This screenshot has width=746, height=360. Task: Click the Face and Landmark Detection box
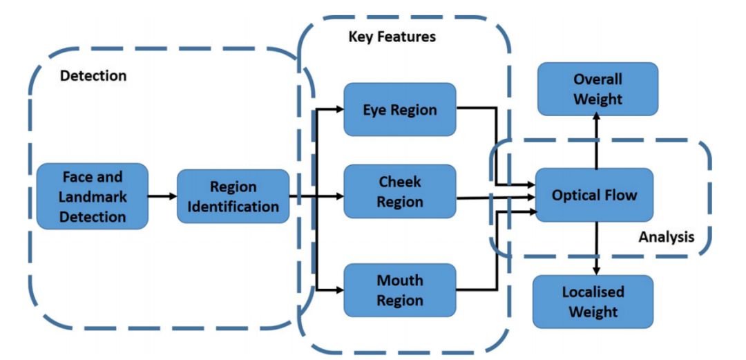click(x=93, y=197)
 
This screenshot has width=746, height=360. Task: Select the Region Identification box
click(x=233, y=196)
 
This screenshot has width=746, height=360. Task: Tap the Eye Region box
click(x=400, y=109)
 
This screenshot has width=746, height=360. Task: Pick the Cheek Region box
click(x=400, y=191)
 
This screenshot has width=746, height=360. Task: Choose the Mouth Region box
click(x=400, y=290)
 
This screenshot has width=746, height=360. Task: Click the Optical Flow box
click(x=594, y=195)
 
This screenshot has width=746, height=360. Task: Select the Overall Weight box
click(x=597, y=89)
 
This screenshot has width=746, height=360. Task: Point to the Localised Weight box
click(x=593, y=301)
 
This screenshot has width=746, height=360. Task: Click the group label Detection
click(x=93, y=76)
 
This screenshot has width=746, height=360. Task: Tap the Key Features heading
click(x=392, y=37)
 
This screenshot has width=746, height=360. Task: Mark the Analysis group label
click(x=666, y=237)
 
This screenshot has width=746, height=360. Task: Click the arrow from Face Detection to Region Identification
click(x=162, y=197)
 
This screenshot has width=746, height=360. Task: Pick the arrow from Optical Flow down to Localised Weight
click(x=596, y=248)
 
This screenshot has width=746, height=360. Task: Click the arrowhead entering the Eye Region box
click(x=338, y=109)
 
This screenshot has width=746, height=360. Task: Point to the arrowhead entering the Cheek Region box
click(x=338, y=197)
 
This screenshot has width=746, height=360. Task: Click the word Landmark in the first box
click(x=93, y=197)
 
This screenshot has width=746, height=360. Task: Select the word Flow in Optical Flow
click(x=620, y=195)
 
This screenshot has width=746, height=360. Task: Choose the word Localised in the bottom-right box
click(x=593, y=292)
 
